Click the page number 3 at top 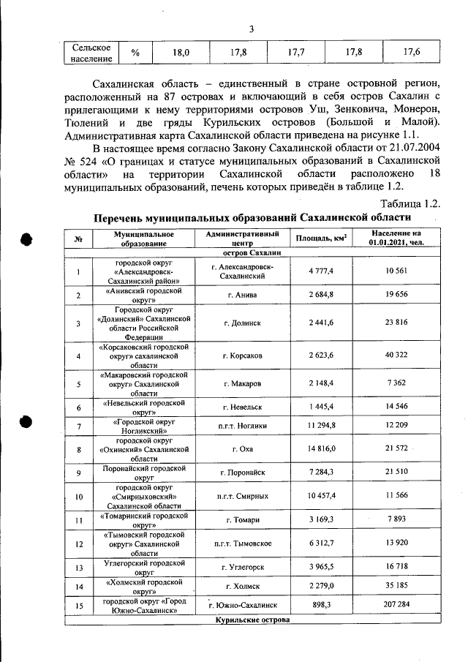[x=251, y=29]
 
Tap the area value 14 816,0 [x=321, y=448]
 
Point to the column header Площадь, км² [x=321, y=238]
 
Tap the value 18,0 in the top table [x=181, y=53]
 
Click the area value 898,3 [x=321, y=606]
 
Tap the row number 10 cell [x=78, y=497]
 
